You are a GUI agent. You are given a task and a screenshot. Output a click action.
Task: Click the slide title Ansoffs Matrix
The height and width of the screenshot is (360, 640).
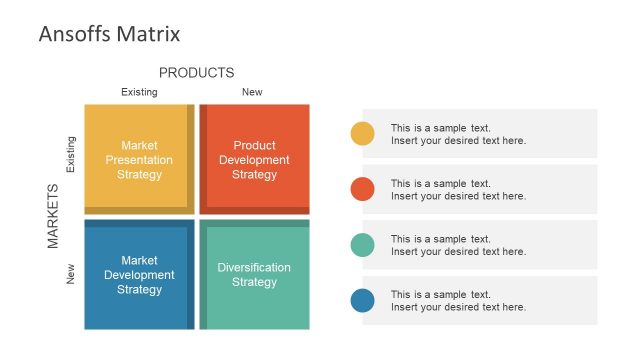coord(109,34)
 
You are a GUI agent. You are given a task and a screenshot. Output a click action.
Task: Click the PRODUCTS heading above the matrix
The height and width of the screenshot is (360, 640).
coord(196,73)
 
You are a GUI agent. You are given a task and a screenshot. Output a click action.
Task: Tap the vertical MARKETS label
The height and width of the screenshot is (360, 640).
coord(54,215)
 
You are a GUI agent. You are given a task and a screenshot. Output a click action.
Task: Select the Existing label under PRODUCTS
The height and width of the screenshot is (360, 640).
coord(139,92)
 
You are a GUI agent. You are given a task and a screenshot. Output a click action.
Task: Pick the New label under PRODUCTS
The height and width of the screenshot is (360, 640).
coord(252,92)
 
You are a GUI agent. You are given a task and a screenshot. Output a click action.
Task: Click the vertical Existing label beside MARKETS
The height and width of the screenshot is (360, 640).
coord(70,156)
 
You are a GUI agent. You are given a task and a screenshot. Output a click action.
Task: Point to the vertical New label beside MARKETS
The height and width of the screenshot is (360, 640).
coord(70,273)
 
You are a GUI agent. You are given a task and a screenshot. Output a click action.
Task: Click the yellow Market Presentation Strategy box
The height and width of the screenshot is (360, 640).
coord(139,160)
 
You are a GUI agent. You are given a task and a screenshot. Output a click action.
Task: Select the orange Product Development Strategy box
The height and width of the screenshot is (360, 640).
coord(254,160)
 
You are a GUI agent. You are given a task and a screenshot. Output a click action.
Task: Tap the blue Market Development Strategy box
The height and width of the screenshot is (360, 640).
coord(139,275)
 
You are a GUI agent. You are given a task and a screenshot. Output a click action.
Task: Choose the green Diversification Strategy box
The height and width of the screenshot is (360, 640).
coord(254,275)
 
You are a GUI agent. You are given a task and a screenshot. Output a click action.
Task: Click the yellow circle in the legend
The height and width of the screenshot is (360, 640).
coord(363,133)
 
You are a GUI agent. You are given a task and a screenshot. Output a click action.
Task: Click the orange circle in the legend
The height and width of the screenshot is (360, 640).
coord(363,189)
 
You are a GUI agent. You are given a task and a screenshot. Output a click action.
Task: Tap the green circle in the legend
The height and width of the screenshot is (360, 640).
coord(363,245)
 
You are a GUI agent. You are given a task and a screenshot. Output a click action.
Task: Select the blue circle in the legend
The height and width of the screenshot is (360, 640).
coord(363,300)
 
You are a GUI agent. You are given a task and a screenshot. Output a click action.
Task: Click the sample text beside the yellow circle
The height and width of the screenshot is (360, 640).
coord(458,134)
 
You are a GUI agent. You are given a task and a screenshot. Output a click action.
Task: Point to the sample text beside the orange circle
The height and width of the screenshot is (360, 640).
coord(458,190)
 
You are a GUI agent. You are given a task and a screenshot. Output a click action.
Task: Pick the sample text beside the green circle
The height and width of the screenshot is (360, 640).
coord(458,245)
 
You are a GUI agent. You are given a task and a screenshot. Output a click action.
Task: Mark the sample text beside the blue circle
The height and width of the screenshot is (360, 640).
coord(458,301)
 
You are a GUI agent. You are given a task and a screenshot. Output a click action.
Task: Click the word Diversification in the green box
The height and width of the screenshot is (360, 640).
coord(254,268)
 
